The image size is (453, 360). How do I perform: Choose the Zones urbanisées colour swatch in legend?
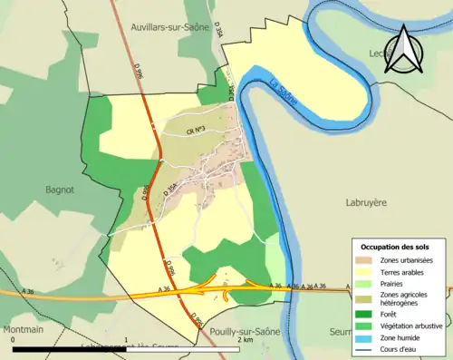tap(364, 260)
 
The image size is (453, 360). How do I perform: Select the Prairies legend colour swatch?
tap(364, 282)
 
